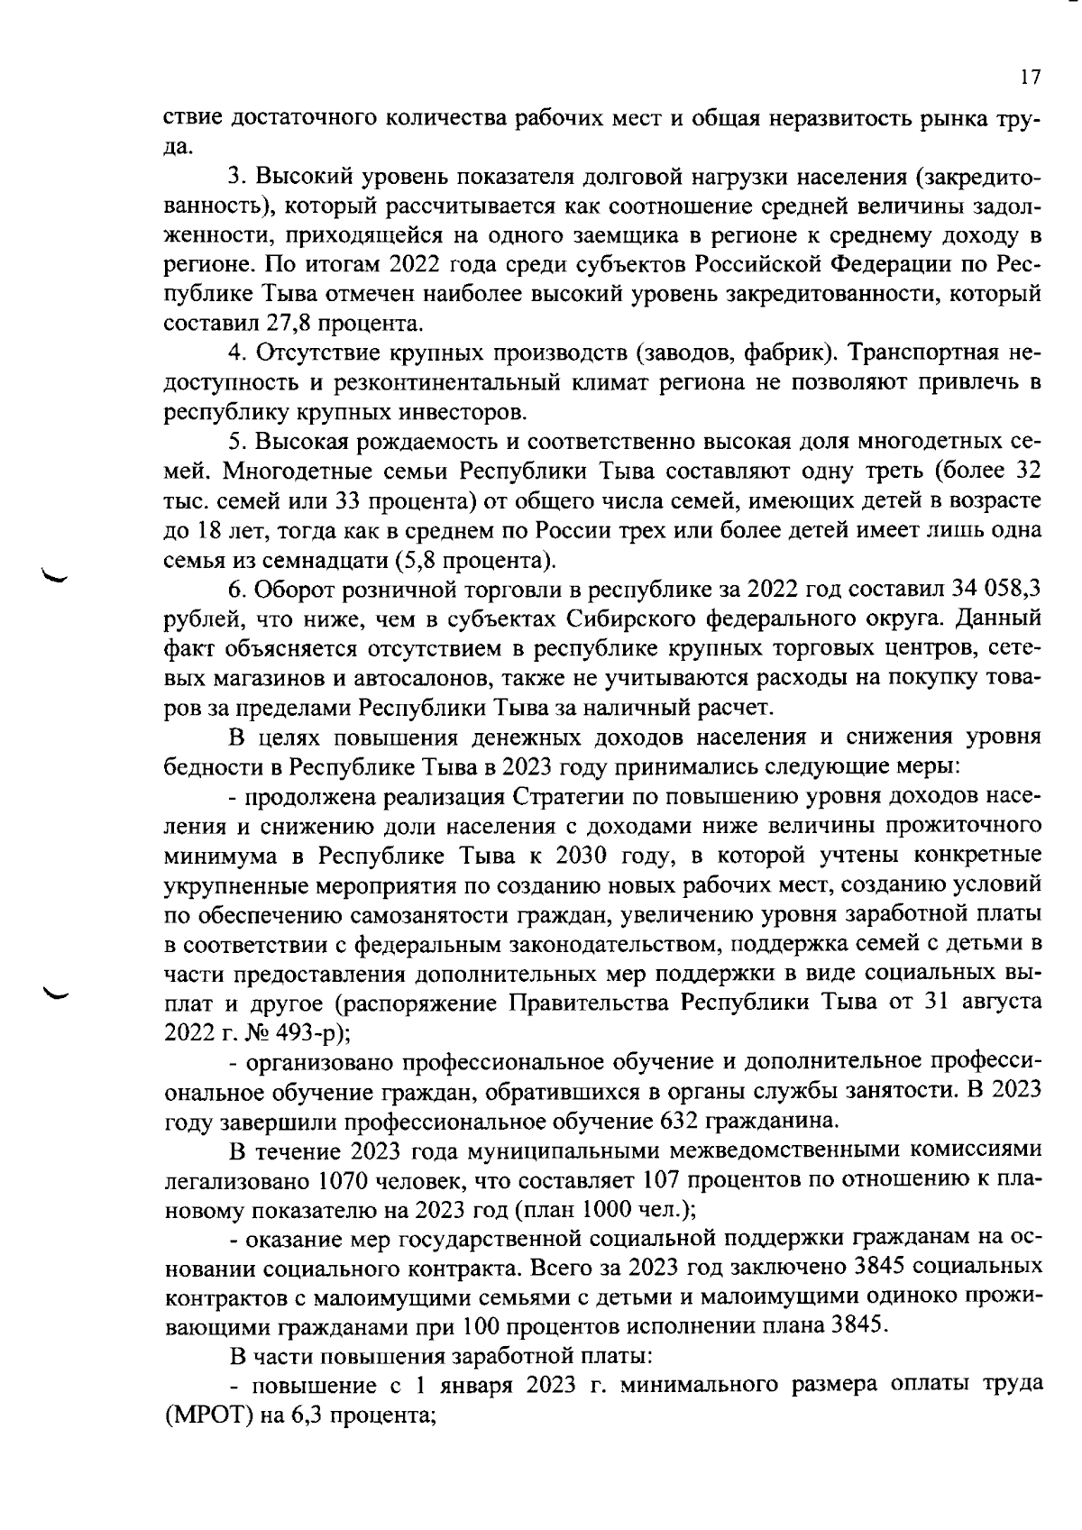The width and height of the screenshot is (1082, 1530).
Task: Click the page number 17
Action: click(1031, 78)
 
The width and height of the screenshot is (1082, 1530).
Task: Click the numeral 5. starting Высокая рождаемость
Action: click(237, 442)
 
